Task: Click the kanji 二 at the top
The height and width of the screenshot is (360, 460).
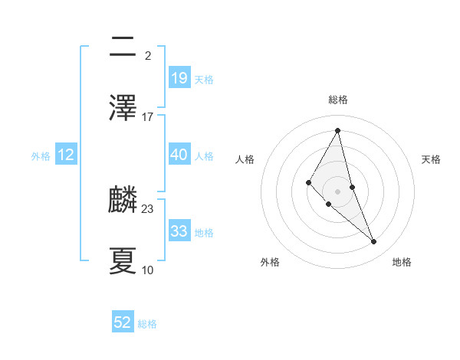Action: click(x=123, y=48)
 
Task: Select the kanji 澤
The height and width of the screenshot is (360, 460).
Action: click(x=123, y=110)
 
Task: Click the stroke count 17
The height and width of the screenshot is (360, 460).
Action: click(x=148, y=117)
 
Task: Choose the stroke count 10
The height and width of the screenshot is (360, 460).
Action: click(x=148, y=270)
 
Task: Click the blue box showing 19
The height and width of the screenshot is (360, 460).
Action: click(x=179, y=78)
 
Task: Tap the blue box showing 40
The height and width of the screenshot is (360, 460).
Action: click(x=179, y=155)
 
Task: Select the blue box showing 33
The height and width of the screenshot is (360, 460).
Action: click(x=179, y=231)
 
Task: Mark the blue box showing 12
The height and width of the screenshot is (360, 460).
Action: click(x=66, y=155)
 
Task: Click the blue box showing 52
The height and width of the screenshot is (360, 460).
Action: click(x=123, y=323)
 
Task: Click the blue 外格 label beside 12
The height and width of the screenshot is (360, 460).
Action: click(x=41, y=155)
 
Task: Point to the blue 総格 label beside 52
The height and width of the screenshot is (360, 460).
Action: click(x=147, y=324)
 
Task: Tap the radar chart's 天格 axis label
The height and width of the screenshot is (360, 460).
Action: click(x=432, y=159)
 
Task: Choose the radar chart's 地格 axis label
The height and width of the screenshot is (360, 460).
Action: click(x=402, y=263)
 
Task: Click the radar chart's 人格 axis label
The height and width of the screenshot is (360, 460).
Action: click(x=245, y=159)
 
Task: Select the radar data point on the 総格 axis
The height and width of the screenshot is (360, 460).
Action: click(x=338, y=130)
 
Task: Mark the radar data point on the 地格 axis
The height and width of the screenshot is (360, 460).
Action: click(x=374, y=242)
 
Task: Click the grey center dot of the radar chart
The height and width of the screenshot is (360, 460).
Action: click(x=338, y=191)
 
